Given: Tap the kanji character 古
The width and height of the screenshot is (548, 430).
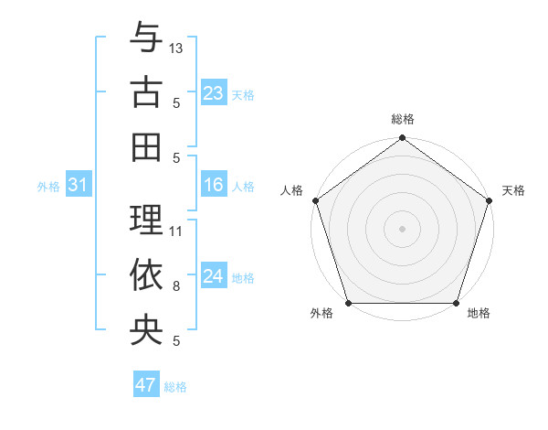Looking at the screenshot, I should (146, 91).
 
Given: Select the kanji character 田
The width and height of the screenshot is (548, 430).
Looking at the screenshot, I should (146, 145).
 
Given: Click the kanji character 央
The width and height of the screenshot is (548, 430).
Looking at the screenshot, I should (146, 328).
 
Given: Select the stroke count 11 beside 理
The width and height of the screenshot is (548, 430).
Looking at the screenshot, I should (176, 231).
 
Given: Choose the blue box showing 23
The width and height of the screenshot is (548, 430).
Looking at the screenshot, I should (213, 92).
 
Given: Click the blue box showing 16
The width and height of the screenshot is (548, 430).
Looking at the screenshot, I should (213, 186).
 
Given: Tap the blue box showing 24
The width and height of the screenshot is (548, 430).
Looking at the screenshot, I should (213, 277).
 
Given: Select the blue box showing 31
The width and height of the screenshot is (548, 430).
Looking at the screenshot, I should (79, 186).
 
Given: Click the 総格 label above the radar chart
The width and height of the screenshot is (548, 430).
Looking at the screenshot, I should (402, 120).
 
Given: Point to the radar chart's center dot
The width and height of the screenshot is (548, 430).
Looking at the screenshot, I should (402, 228).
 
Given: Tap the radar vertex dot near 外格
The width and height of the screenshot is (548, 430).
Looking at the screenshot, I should (348, 303).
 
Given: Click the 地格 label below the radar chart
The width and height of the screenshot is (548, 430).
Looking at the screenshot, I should (479, 314).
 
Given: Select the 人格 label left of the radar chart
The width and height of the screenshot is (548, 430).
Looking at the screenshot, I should (292, 190).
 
